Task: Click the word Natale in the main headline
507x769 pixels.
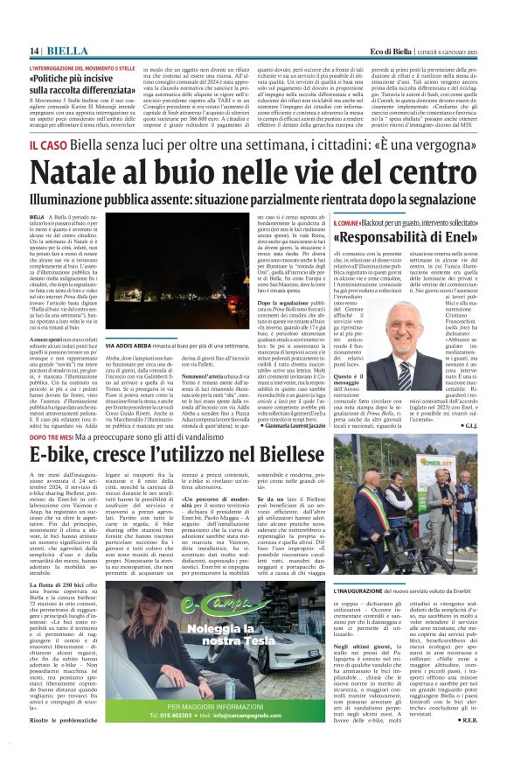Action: point(83,171)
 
